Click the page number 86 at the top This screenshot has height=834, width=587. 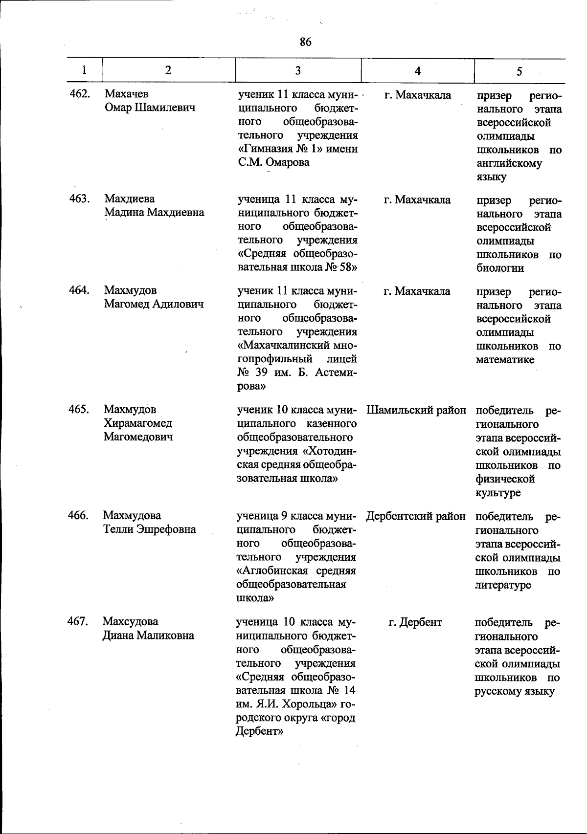[x=305, y=42]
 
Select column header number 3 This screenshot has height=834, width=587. [x=298, y=70]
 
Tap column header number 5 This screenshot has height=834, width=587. [x=519, y=71]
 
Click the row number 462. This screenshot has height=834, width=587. [x=80, y=93]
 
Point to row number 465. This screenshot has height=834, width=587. [x=78, y=409]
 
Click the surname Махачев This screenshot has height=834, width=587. [x=126, y=93]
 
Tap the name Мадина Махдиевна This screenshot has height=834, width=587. [x=154, y=213]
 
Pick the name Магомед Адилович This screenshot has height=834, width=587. [x=154, y=304]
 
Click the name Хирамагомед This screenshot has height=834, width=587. [x=137, y=423]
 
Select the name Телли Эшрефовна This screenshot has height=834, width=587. [x=149, y=529]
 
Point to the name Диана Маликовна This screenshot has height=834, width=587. [x=148, y=636]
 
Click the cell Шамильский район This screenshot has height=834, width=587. [x=416, y=410]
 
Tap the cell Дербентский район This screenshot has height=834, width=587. [x=416, y=516]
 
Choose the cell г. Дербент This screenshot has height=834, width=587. [x=415, y=622]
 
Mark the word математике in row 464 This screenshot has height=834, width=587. [x=505, y=360]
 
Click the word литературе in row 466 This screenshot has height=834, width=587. [x=502, y=585]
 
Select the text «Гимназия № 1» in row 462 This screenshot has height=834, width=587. [x=280, y=149]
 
